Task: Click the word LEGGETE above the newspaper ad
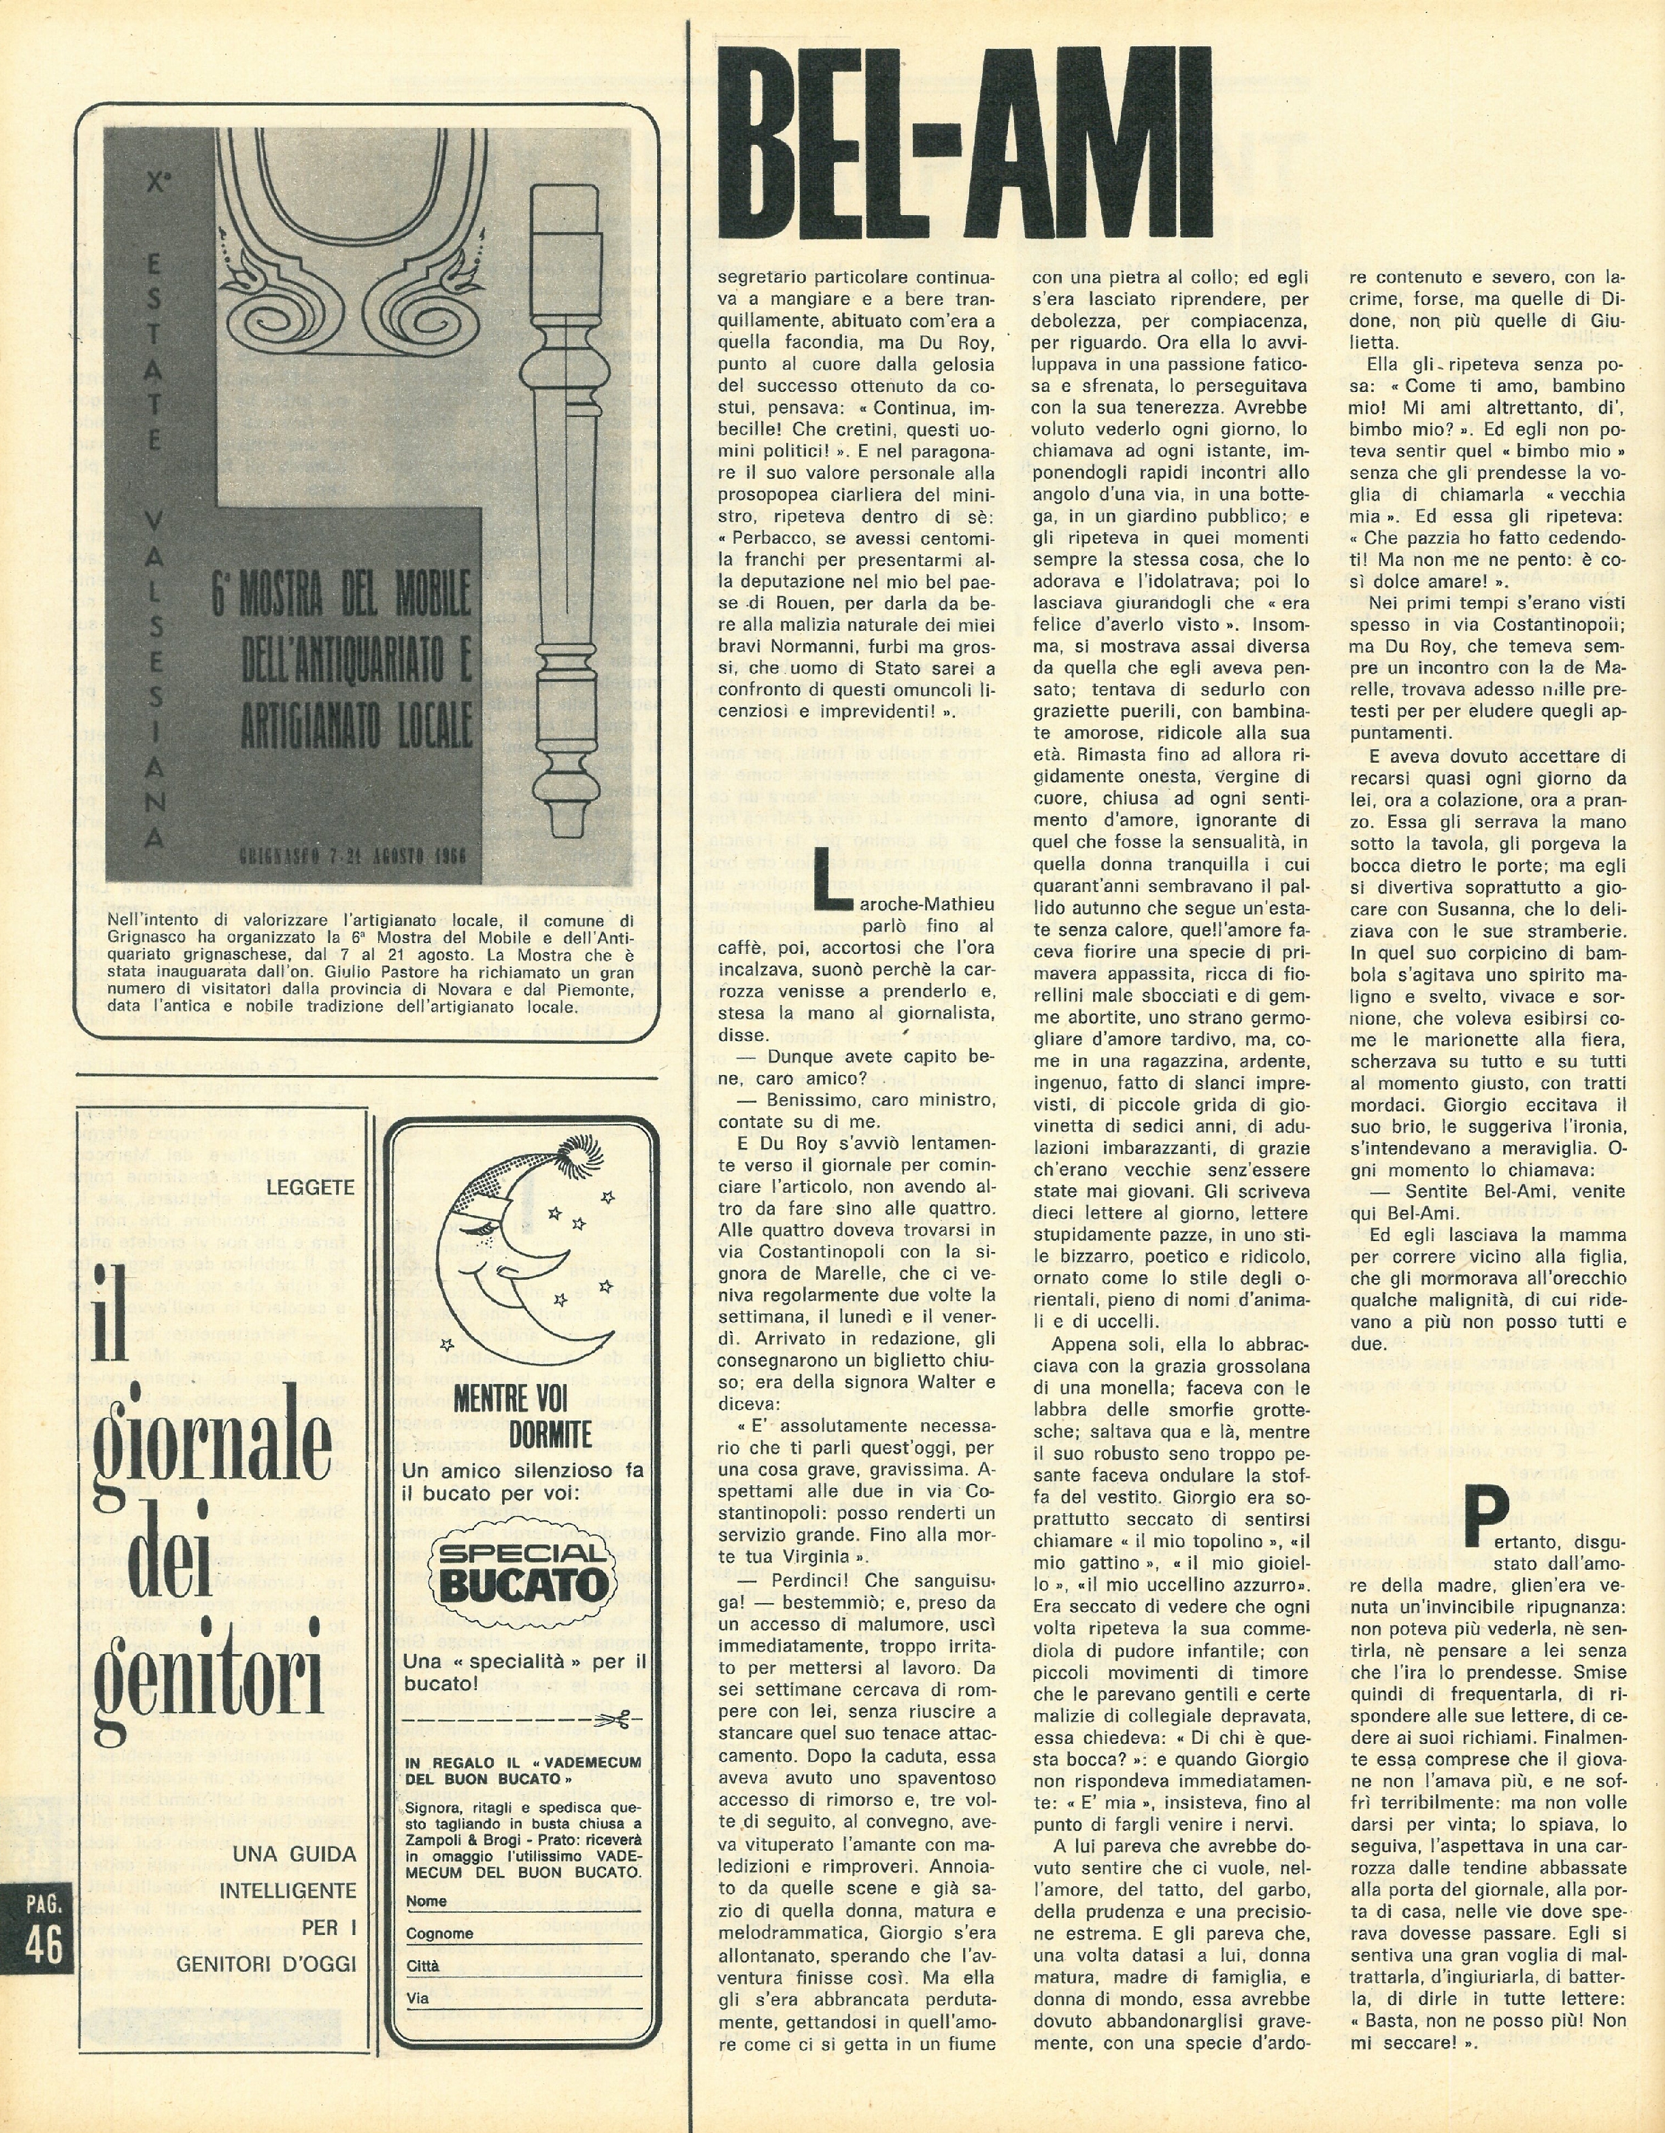pyautogui.click(x=312, y=1187)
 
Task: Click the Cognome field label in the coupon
pyautogui.click(x=439, y=1933)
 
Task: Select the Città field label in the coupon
pyautogui.click(x=423, y=1966)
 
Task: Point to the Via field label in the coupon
pyautogui.click(x=417, y=1998)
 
